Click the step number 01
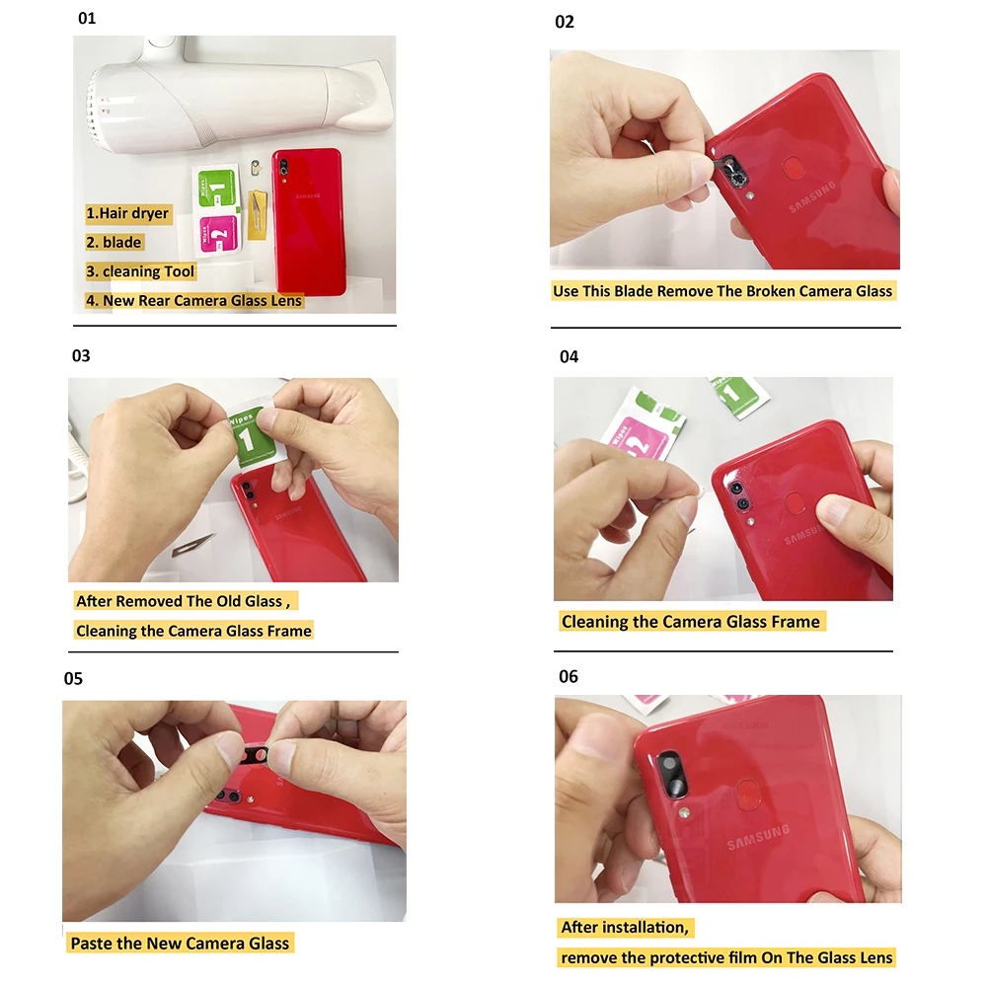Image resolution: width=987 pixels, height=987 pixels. pos(87,18)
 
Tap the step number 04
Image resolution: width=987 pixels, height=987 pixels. pos(569,357)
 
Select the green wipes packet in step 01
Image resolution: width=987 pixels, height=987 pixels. pos(216,188)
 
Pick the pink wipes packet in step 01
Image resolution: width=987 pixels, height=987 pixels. pos(219,235)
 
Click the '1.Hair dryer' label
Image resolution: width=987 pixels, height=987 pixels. pos(127,213)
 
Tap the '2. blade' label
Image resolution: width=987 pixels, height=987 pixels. pos(114,243)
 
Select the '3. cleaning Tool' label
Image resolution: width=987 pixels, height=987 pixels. pos(140,271)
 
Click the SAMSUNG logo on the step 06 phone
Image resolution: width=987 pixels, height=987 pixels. pos(758,837)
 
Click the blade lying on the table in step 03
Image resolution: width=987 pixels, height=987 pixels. pos(192,545)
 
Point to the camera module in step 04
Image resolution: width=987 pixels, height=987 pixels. pos(739,494)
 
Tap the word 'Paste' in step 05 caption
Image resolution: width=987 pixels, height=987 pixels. pos(91,943)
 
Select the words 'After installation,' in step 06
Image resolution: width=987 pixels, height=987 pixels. pos(625,927)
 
